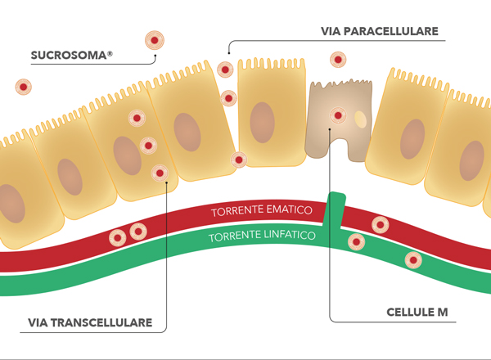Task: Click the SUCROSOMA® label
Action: click(71, 56)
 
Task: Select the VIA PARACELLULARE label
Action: click(381, 32)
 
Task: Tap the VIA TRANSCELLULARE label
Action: click(90, 322)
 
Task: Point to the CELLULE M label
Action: click(417, 313)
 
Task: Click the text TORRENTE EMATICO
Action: click(262, 210)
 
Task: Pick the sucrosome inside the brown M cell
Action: click(337, 116)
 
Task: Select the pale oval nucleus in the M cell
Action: click(360, 120)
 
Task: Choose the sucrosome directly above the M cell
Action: click(337, 60)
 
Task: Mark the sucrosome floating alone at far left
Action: click(25, 87)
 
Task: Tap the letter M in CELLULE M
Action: click(442, 313)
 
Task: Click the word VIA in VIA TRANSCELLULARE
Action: click(39, 322)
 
